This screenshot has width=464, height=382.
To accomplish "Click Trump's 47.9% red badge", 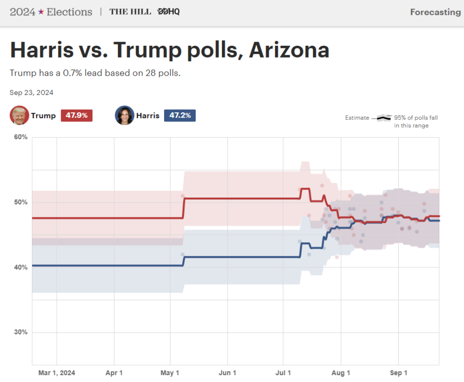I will click(77, 116).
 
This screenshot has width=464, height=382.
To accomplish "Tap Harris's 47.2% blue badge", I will click(179, 116).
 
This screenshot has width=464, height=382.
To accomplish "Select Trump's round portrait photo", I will click(19, 116).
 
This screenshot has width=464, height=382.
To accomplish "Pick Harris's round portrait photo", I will click(125, 116).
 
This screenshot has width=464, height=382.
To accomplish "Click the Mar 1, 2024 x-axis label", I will click(57, 373).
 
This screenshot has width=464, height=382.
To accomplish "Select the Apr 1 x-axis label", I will click(114, 373).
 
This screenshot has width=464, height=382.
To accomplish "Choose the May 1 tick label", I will click(170, 373).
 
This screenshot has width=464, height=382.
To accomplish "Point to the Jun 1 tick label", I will click(227, 373).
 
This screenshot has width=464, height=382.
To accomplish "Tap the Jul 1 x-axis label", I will click(283, 373).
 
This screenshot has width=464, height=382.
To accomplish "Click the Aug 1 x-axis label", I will click(341, 373).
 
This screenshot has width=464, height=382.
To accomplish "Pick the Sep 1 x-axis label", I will click(399, 373).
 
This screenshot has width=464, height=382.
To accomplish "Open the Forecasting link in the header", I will click(435, 12).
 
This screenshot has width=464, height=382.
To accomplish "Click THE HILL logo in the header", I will click(130, 12).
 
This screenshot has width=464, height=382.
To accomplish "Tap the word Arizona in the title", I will click(289, 50).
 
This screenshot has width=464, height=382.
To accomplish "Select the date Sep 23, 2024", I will click(32, 92).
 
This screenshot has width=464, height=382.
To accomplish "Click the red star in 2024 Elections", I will click(41, 12).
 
